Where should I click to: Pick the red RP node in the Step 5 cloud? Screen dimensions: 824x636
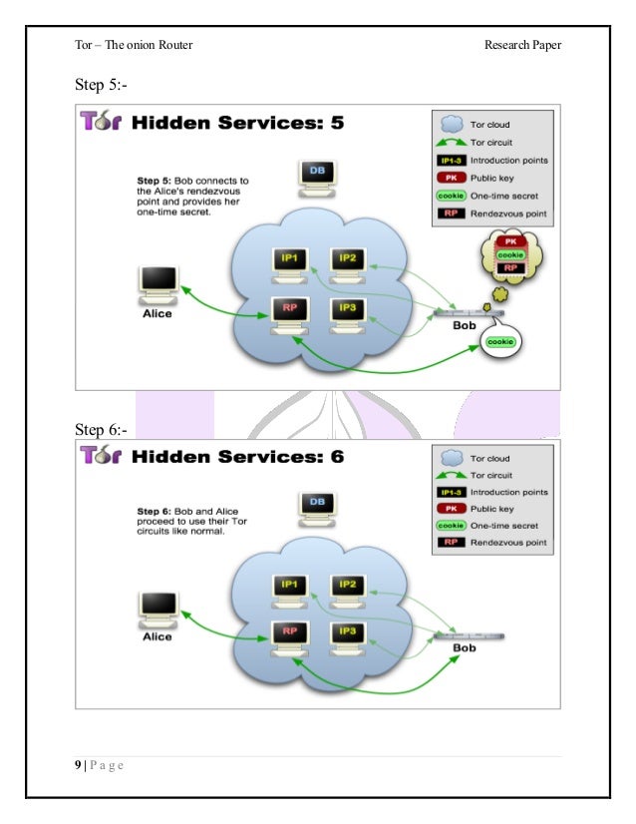[x=290, y=309]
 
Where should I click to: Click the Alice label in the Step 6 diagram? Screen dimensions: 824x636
[x=158, y=636]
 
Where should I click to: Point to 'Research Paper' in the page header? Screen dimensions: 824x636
[x=523, y=45]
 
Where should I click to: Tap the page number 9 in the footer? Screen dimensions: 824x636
[x=78, y=765]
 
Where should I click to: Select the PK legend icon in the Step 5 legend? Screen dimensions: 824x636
[x=452, y=178]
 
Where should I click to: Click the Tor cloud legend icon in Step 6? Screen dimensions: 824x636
[x=452, y=457]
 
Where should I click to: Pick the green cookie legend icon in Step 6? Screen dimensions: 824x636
[x=452, y=525]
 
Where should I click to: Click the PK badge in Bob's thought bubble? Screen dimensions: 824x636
[x=509, y=240]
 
